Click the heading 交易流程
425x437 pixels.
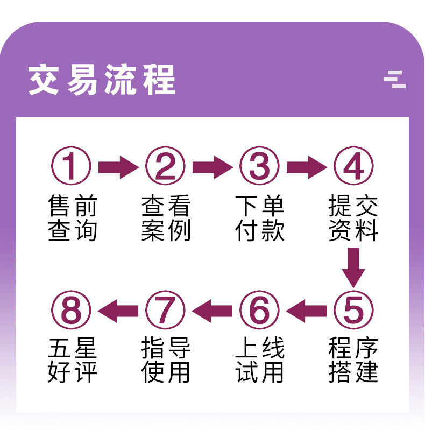click(x=102, y=81)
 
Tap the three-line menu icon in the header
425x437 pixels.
click(x=394, y=79)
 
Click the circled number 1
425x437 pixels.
click(x=72, y=166)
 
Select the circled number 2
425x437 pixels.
click(x=166, y=166)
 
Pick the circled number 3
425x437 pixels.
click(x=260, y=166)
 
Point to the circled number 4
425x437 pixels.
click(x=353, y=166)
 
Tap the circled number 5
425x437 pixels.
click(x=353, y=311)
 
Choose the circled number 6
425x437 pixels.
click(x=260, y=311)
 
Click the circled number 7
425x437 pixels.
click(x=166, y=311)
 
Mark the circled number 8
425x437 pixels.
click(x=72, y=311)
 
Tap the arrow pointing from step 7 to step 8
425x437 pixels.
click(x=118, y=311)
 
